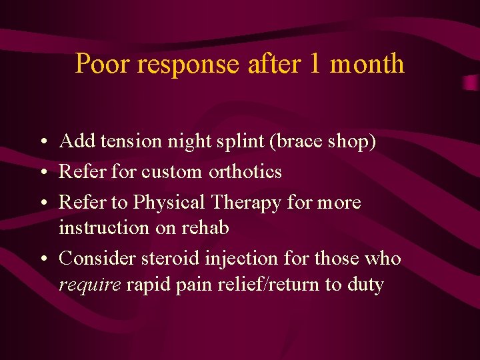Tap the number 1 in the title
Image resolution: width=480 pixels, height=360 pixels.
[x=315, y=64]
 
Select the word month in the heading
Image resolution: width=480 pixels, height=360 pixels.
[x=367, y=64]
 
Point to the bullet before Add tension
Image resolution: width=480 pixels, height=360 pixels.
[x=42, y=142]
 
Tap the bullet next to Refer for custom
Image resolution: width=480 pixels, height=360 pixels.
[x=42, y=173]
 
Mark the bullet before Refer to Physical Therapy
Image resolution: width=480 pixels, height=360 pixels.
[x=42, y=203]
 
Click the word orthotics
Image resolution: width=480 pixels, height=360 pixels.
[x=245, y=172]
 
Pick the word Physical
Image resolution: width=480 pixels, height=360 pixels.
[x=169, y=203]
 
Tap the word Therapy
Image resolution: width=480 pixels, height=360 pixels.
[x=247, y=203]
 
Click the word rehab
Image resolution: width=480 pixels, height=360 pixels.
[x=205, y=228]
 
